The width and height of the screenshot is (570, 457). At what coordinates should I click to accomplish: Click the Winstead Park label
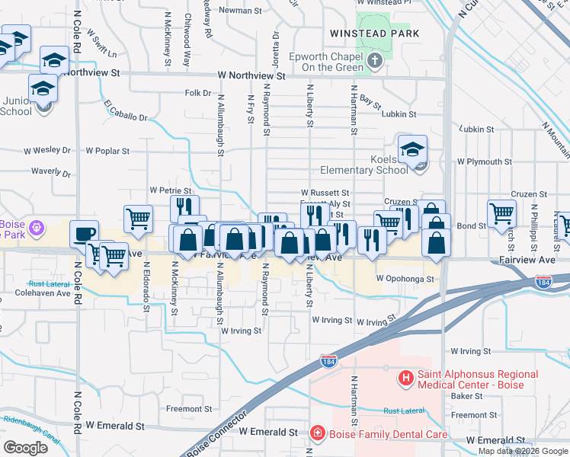(x=374, y=34)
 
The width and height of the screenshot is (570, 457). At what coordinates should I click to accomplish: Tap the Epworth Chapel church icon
(x=374, y=60)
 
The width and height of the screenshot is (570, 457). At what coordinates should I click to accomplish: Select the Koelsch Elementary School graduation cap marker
(x=412, y=149)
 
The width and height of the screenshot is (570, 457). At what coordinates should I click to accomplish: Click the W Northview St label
(x=251, y=76)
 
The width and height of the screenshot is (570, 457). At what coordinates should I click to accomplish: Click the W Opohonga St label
(x=404, y=279)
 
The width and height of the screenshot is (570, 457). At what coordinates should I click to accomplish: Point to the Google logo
(x=25, y=448)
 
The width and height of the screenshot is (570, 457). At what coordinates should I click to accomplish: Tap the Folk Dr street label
(x=197, y=93)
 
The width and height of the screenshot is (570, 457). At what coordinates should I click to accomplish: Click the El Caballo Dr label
(x=126, y=111)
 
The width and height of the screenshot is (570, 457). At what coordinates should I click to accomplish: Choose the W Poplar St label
(x=107, y=151)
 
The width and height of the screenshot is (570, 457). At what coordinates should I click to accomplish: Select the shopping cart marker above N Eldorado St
(x=138, y=219)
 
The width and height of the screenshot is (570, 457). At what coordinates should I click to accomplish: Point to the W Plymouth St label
(x=484, y=162)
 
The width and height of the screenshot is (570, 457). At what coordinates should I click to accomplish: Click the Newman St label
(x=234, y=11)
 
